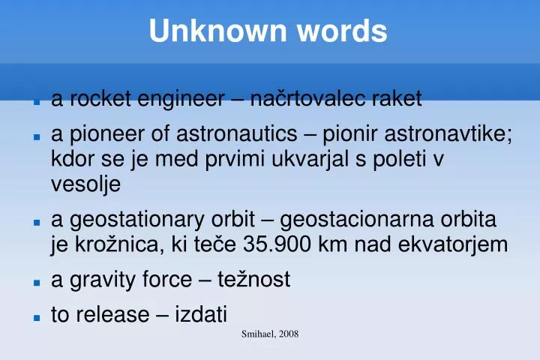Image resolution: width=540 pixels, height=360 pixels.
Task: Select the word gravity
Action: point(94,280)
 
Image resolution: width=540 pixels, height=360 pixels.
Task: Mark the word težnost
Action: point(253,280)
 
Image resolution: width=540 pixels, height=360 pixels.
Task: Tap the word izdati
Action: point(201,315)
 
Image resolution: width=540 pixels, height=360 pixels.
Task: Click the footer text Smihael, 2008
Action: point(270,334)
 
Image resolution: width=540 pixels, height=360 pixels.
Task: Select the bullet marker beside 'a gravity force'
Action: point(35,282)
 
